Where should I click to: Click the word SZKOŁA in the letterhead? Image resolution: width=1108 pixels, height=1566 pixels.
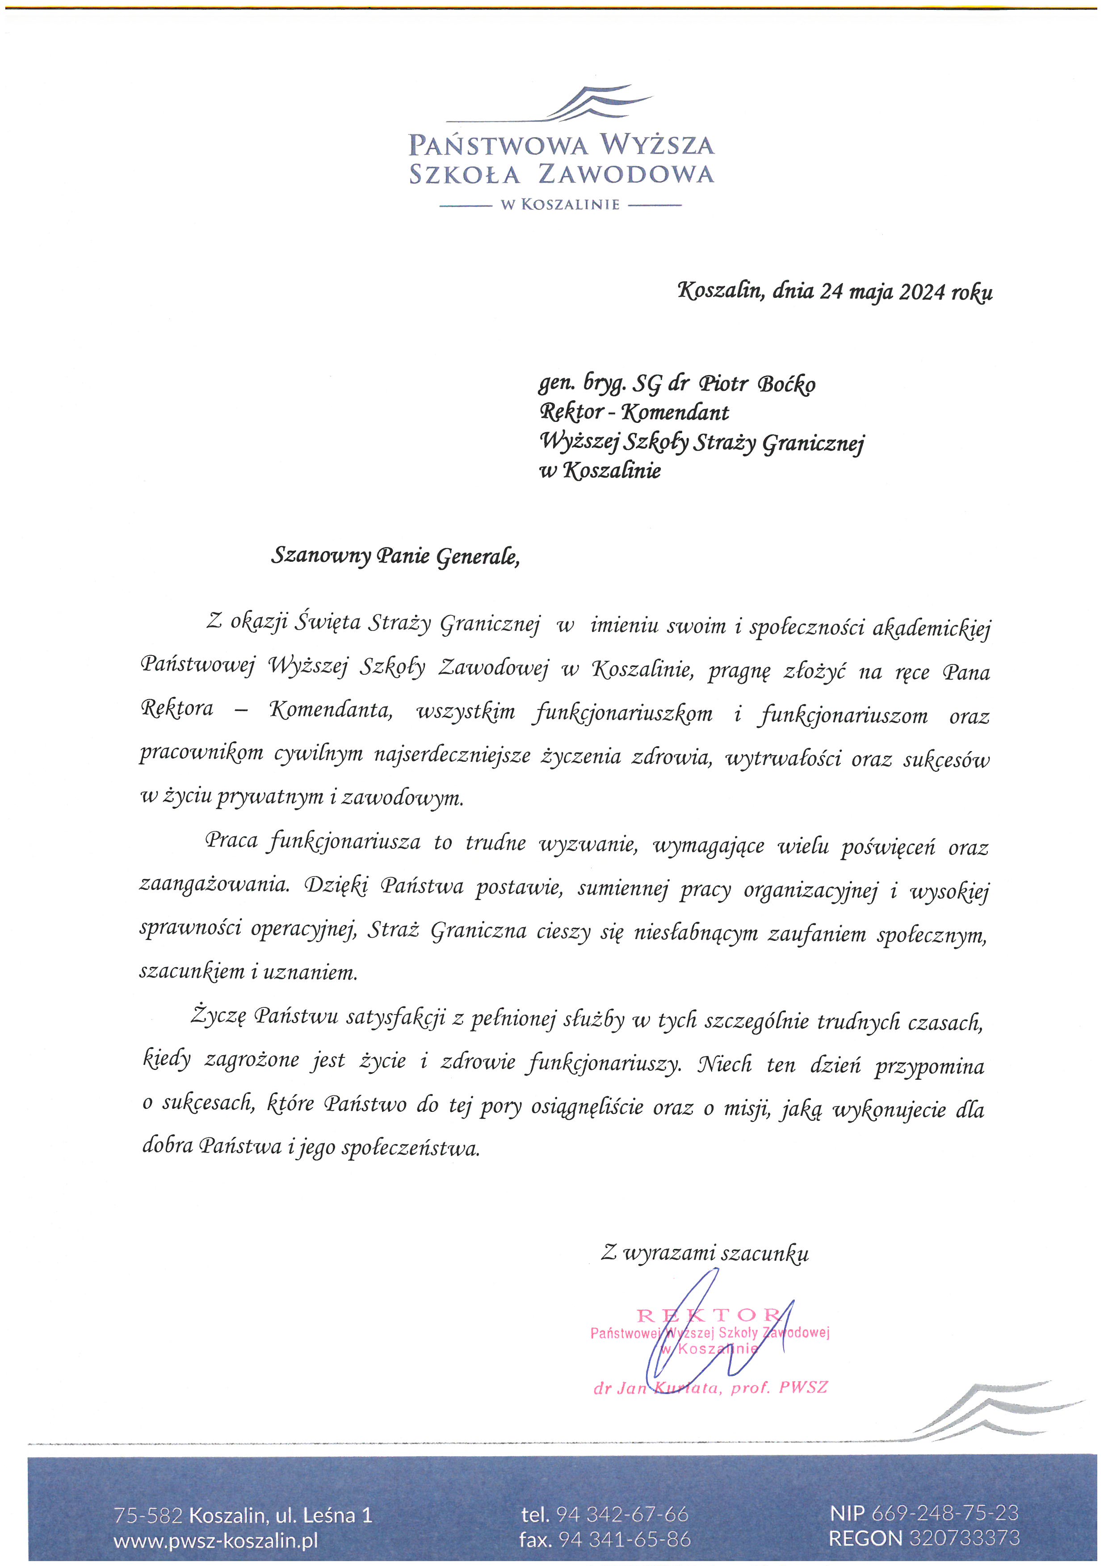tap(464, 175)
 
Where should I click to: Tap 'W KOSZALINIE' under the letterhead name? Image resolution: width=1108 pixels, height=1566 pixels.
tap(560, 205)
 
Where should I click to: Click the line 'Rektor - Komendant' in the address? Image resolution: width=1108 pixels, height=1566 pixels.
tap(634, 413)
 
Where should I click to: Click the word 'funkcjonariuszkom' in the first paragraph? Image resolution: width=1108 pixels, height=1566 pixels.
tap(624, 714)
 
